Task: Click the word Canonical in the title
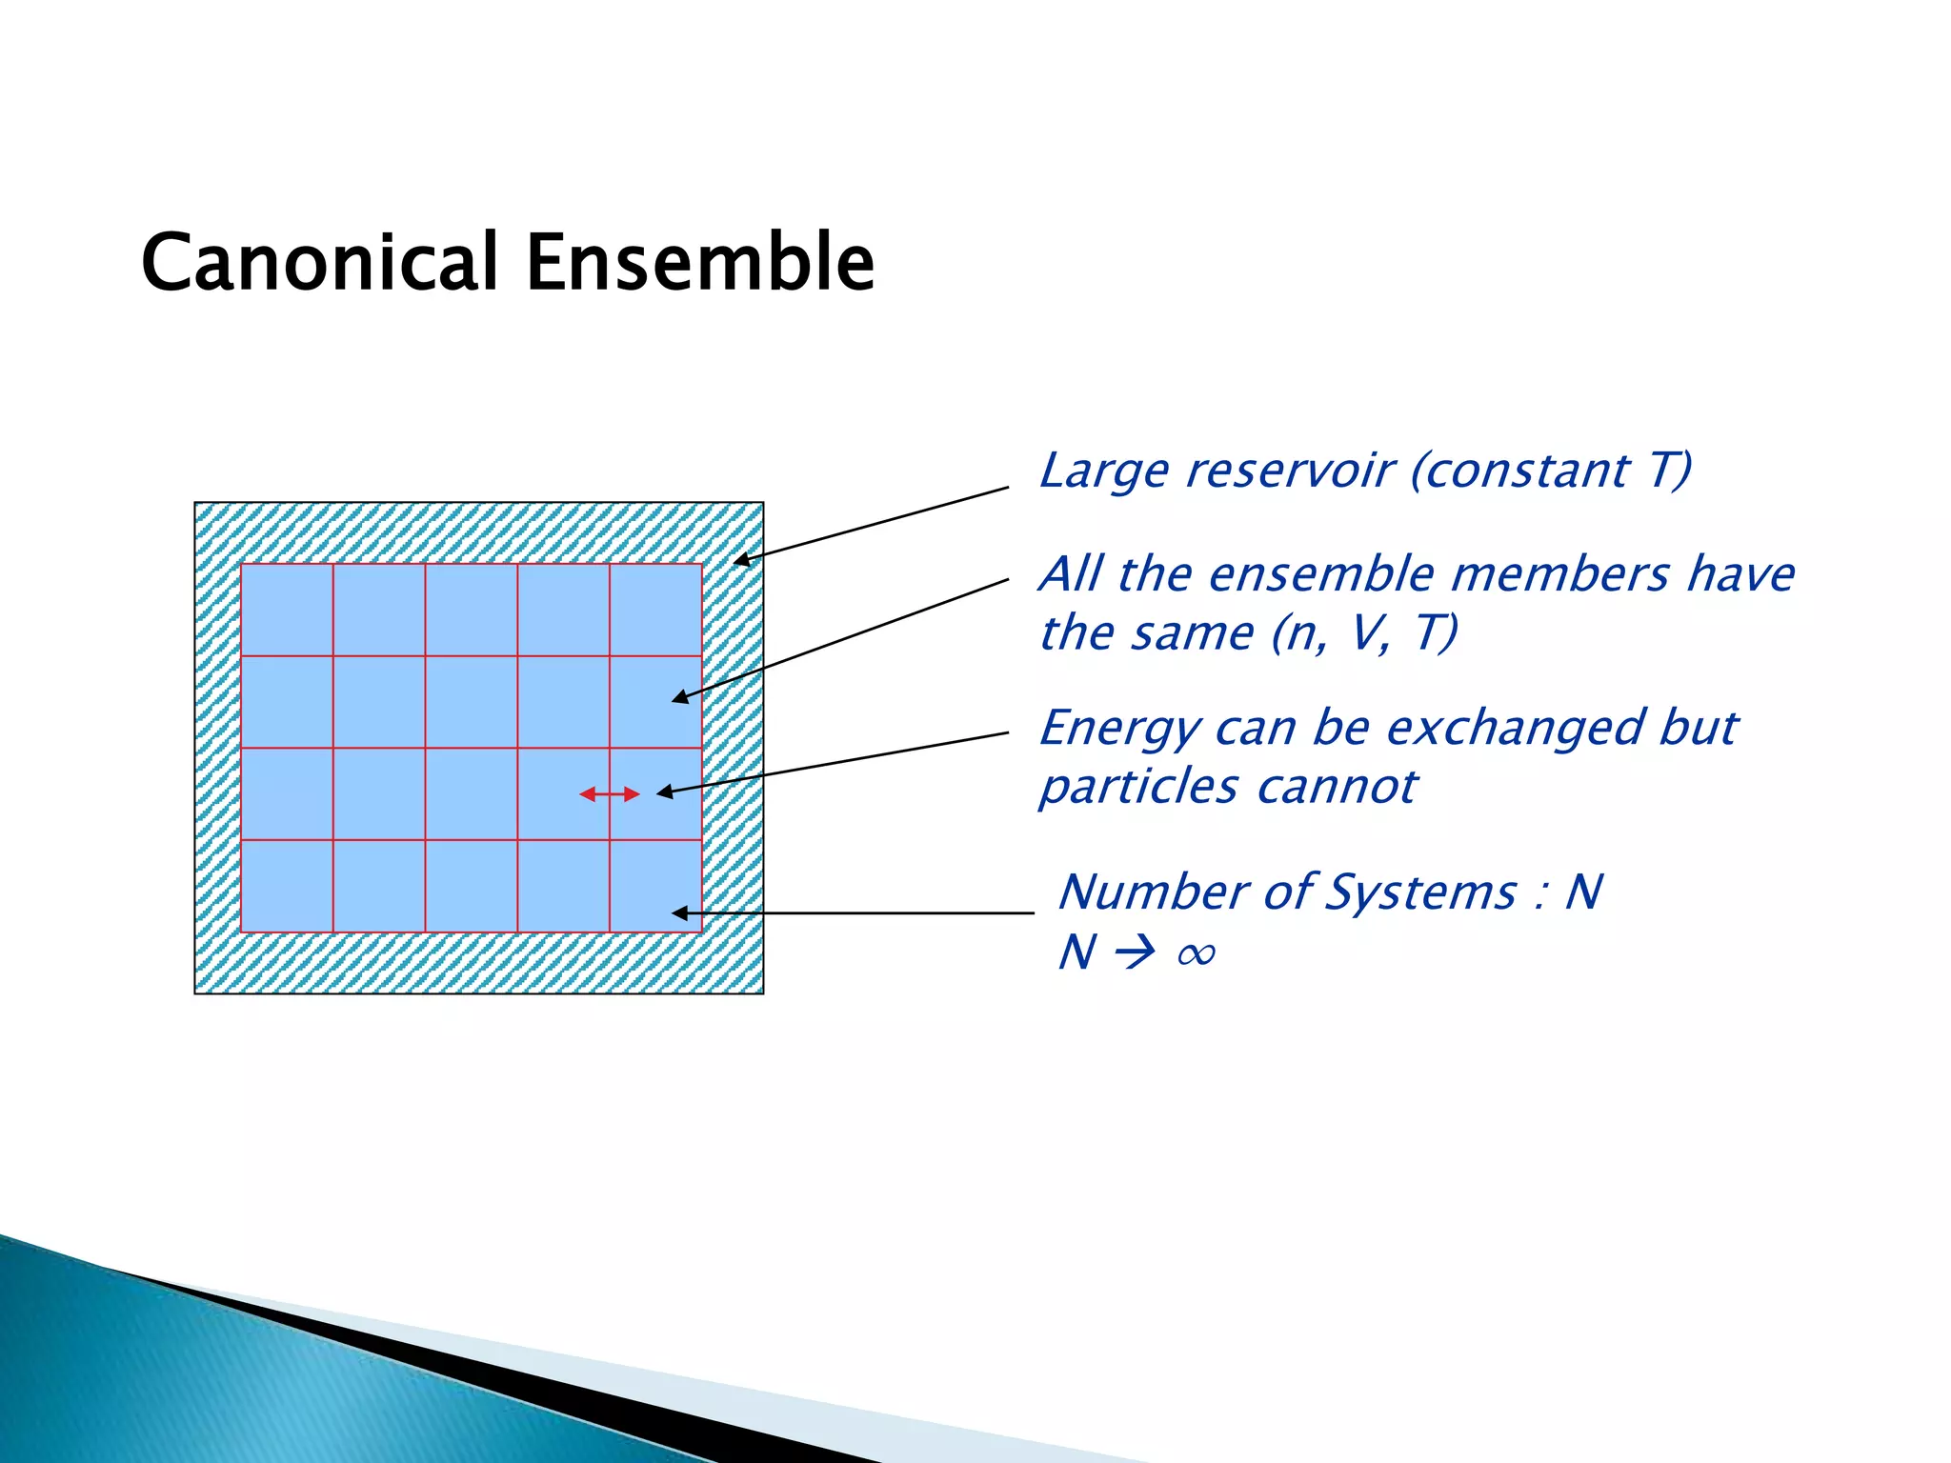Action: tap(320, 262)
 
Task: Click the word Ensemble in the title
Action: tap(700, 262)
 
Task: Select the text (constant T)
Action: tap(1551, 471)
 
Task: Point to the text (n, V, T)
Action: tap(1364, 633)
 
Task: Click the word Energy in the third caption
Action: tap(1119, 730)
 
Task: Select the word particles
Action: tap(1138, 789)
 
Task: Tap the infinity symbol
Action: tap(1196, 953)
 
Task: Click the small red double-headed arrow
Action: tap(610, 793)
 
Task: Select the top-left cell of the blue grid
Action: tap(287, 610)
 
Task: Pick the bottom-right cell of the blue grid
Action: tap(655, 886)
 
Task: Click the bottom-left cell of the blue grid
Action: tap(287, 886)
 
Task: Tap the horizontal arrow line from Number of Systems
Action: tap(857, 912)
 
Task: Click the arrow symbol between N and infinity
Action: tap(1135, 952)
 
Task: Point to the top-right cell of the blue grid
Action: tap(655, 610)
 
